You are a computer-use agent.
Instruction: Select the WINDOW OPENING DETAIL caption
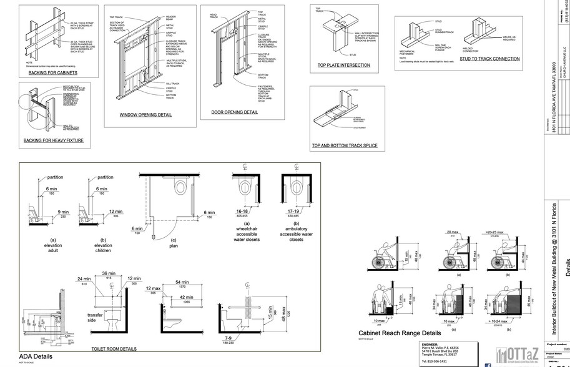[x=145, y=115]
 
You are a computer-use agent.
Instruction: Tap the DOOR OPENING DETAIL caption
[x=230, y=112]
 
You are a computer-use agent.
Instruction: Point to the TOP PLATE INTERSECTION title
[x=344, y=65]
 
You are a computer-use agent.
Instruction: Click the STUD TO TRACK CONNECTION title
[x=489, y=59]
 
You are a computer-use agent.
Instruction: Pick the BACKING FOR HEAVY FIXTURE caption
[x=53, y=141]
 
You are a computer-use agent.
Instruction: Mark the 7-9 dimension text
[x=227, y=336]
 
